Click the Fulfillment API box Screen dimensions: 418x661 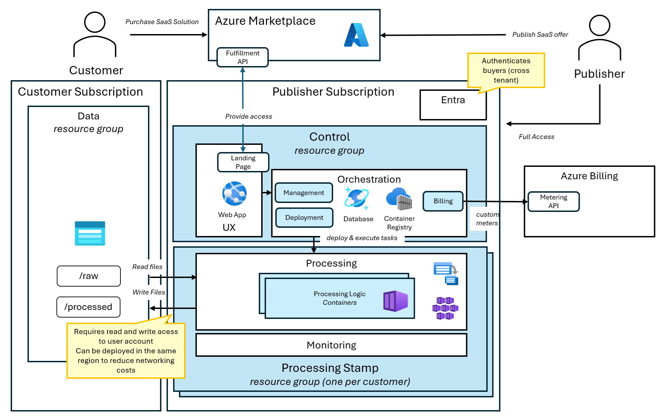coord(242,57)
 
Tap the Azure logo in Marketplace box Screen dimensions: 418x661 coord(356,35)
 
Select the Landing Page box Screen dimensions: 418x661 coord(243,162)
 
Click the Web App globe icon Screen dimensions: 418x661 coord(234,193)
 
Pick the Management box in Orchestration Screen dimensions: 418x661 coord(303,193)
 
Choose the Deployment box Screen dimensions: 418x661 coord(304,217)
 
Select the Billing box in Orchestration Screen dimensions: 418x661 coord(443,201)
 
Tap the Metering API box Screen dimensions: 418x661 coord(553,201)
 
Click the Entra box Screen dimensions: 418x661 coord(453,105)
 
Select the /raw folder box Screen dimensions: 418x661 coord(89,276)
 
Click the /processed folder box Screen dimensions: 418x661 coord(88,307)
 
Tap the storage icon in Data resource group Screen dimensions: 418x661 coord(90,233)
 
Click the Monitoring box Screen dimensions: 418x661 coord(331,345)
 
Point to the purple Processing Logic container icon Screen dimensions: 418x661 coord(395,301)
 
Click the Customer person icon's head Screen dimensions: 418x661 coord(95,22)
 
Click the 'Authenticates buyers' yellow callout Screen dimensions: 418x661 coord(506,71)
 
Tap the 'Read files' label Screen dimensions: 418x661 coord(147,267)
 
